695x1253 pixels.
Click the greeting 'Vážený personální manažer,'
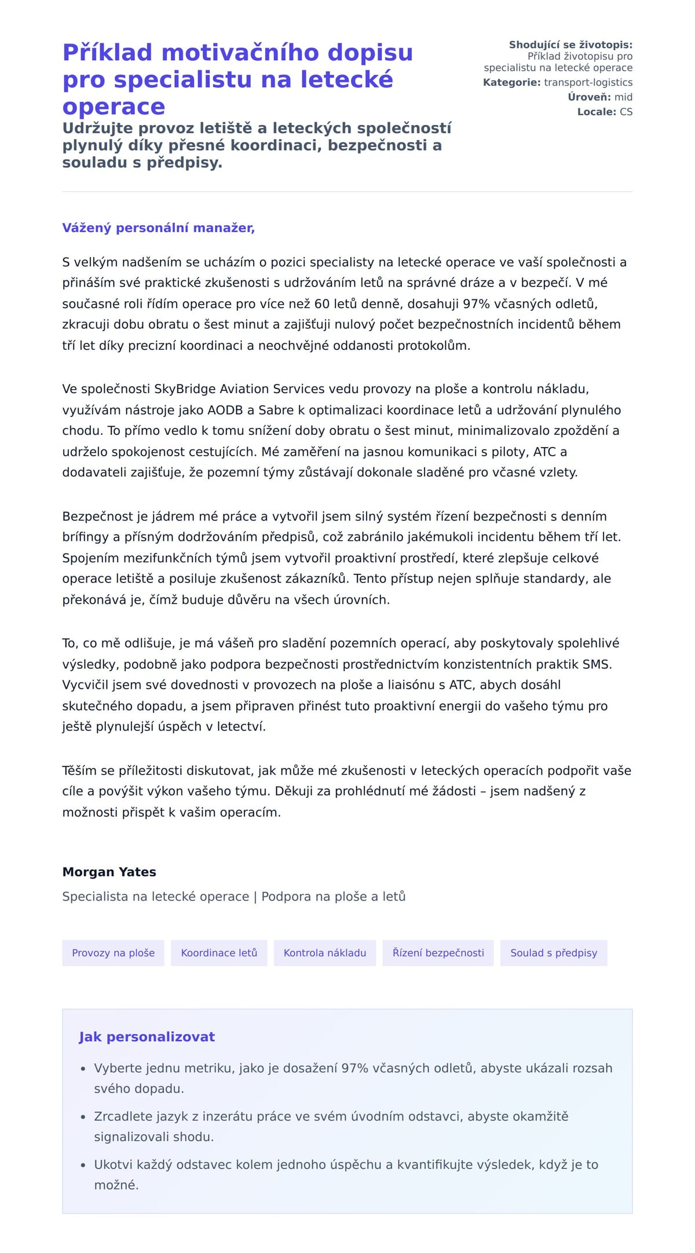point(158,228)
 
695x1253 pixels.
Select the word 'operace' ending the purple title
point(114,107)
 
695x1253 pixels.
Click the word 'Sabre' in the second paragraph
point(276,410)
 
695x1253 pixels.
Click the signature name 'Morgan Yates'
point(109,872)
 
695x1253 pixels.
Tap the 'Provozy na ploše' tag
point(113,953)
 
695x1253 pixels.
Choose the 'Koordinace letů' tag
point(219,953)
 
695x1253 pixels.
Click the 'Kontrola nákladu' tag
point(324,953)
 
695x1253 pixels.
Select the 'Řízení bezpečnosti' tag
point(438,953)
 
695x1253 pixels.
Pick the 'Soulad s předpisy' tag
point(553,953)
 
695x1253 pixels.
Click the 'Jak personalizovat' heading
point(147,1037)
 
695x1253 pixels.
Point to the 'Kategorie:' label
point(511,83)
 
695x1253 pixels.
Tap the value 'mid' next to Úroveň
point(623,97)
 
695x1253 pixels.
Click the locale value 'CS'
point(626,112)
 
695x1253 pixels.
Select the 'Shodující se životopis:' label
point(570,45)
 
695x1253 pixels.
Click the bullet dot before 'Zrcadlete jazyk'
point(83,1117)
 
